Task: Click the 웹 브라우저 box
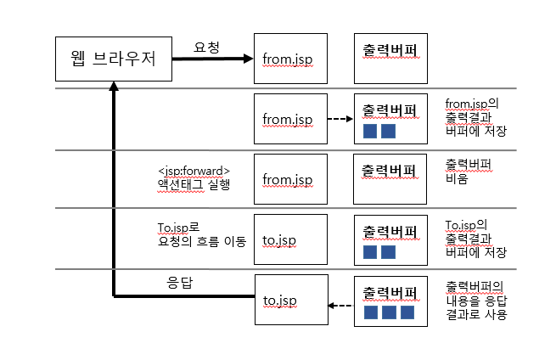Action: [x=114, y=59]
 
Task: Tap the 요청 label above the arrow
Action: [x=207, y=48]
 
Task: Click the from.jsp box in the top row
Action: [x=291, y=59]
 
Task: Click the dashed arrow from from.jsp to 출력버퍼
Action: [x=340, y=119]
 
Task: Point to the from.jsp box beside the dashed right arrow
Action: [x=291, y=119]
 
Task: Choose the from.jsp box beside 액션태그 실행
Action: [x=291, y=179]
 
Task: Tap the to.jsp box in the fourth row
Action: [x=291, y=239]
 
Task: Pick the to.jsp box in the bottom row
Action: [x=291, y=301]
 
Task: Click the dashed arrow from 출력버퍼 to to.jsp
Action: [x=340, y=307]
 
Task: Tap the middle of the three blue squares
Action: [x=389, y=313]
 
